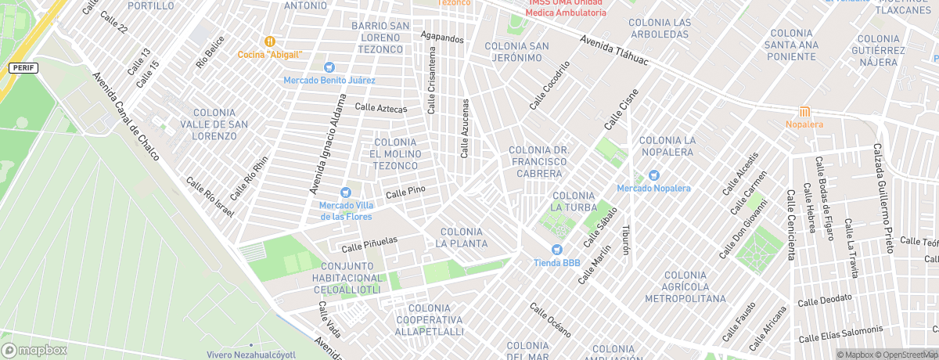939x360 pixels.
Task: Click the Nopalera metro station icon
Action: [x=804, y=111]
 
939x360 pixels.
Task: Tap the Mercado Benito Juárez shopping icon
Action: [x=329, y=67]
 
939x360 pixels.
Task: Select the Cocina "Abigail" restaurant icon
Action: [x=270, y=41]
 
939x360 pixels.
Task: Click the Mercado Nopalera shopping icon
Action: [x=653, y=175]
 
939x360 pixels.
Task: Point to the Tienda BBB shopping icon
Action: [x=556, y=250]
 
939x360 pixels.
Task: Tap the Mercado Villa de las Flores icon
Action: [x=345, y=193]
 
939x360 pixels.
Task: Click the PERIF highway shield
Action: [x=23, y=68]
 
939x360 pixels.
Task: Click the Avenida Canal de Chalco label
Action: [x=126, y=117]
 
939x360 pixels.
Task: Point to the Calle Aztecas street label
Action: [x=381, y=108]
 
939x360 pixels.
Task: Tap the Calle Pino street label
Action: [x=405, y=191]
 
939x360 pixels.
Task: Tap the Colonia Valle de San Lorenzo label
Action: [x=208, y=124]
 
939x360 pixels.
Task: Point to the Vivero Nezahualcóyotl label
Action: [x=251, y=355]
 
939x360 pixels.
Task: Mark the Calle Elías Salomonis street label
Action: [x=840, y=333]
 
